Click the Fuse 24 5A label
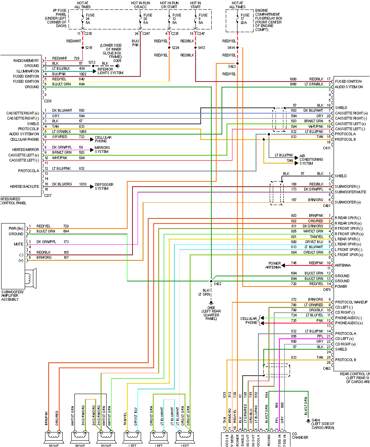pos(90,19)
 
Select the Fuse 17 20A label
pos(245,19)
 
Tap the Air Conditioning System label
pos(311,159)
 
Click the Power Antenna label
pos(274,265)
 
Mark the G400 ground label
pos(211,312)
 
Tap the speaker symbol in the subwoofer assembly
pos(30,278)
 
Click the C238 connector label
pos(47,100)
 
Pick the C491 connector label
pos(326,205)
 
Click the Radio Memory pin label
pos(26,61)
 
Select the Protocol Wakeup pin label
pos(351,302)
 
